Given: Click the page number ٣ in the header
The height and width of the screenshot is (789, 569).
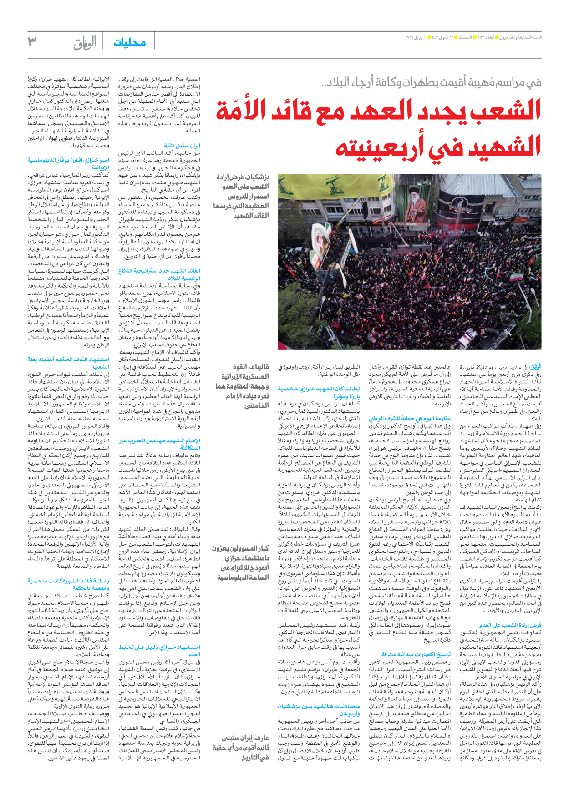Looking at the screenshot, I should (x=32, y=41).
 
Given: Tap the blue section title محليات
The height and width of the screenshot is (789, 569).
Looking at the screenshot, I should (x=130, y=42).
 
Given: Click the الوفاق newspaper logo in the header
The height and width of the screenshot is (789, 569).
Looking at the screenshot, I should (x=85, y=43).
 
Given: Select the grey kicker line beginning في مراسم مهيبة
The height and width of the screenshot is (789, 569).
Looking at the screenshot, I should (x=431, y=82).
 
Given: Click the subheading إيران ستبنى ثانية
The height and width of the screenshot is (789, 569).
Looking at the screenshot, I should (x=182, y=146).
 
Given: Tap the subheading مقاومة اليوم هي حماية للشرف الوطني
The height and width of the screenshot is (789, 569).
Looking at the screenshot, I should (x=410, y=418).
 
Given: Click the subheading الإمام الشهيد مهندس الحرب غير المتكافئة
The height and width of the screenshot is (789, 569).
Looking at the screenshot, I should (x=159, y=444).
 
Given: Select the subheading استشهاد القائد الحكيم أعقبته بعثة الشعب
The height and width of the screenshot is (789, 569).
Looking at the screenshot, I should (x=68, y=363).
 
